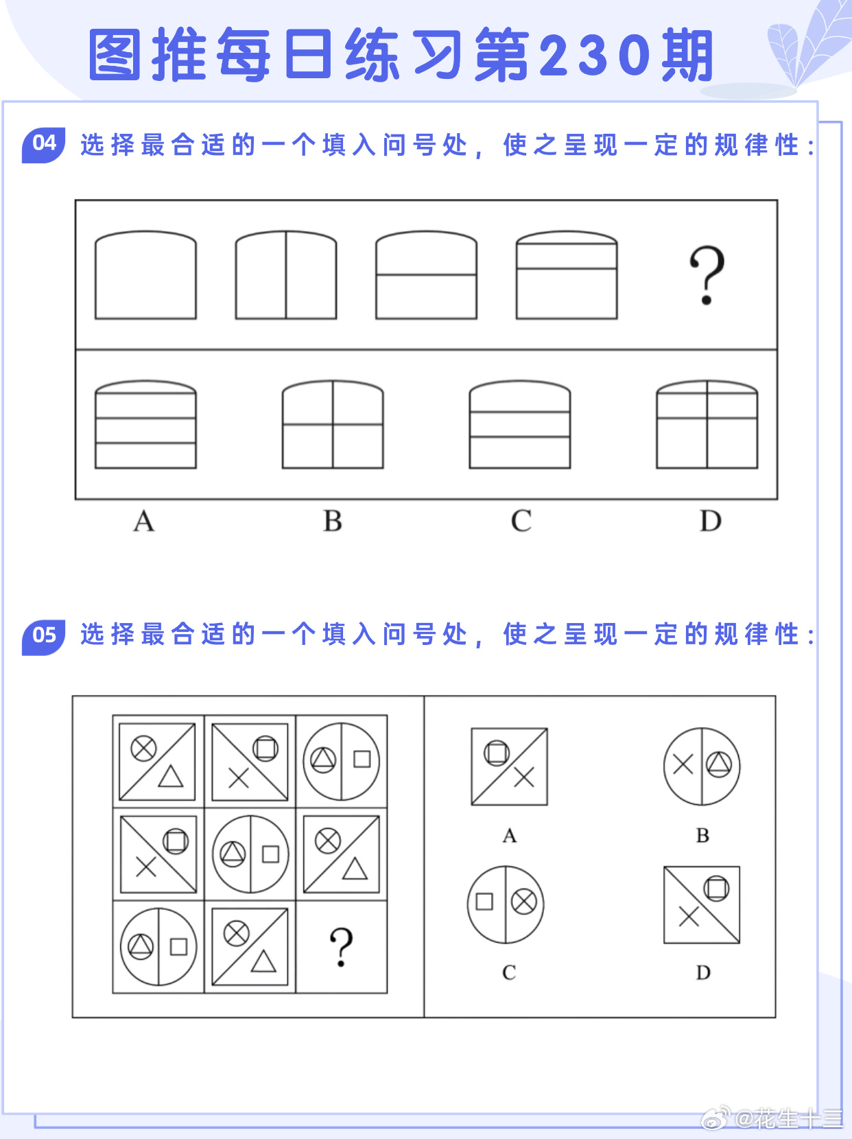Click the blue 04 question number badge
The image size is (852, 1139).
coord(43,145)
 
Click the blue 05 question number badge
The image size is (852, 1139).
coord(43,637)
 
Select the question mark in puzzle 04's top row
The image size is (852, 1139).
coord(707,275)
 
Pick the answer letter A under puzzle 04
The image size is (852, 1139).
coord(144,521)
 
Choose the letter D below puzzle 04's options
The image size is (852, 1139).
coord(711,521)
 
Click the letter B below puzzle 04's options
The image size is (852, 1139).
coord(333,521)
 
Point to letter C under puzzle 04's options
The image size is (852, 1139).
coord(521,521)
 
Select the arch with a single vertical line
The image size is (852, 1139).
coord(286,275)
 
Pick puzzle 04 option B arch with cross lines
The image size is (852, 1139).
coord(333,425)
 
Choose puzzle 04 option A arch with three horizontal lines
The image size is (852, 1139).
coord(145,425)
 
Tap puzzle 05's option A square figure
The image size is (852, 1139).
coord(509,766)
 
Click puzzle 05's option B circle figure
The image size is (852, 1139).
coord(702,766)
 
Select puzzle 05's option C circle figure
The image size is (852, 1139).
coord(506,904)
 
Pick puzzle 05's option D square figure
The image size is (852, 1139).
coord(702,904)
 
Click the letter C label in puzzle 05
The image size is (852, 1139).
coord(509,972)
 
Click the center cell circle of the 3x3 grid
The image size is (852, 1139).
coord(250,854)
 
